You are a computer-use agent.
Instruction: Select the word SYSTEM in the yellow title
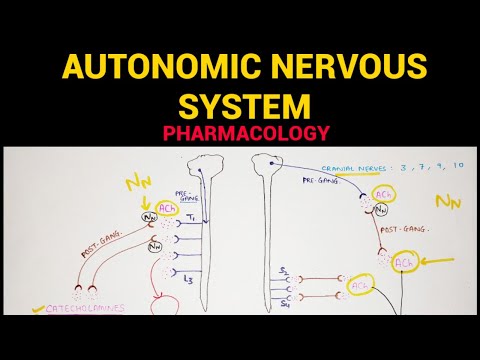[x=240, y=106]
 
